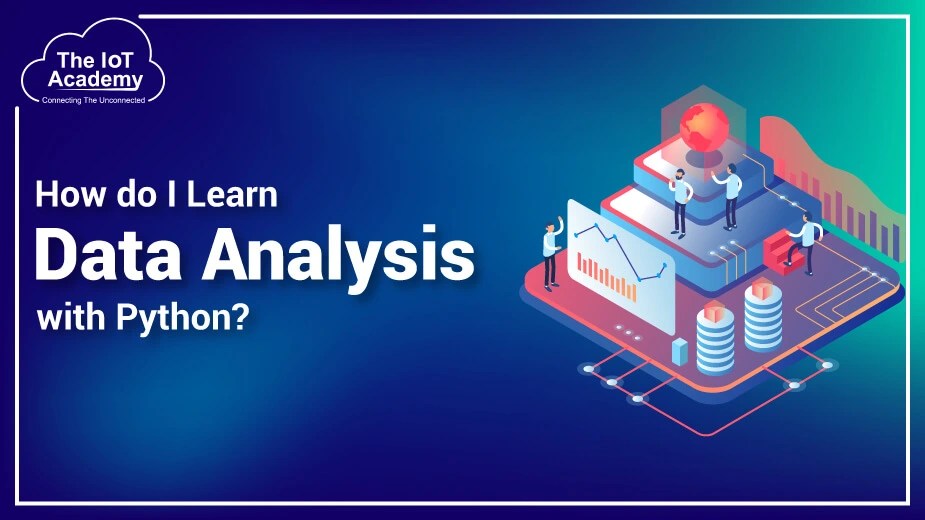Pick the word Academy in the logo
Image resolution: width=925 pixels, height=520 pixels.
95,80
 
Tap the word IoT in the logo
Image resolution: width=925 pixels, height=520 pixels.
118,60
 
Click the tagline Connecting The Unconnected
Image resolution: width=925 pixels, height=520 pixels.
95,100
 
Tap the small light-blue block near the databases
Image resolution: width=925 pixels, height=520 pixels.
681,351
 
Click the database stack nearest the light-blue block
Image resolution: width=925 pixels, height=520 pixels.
715,335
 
